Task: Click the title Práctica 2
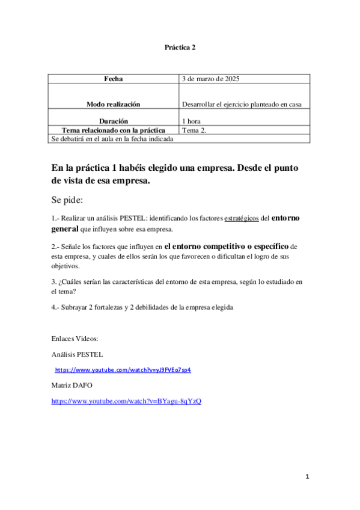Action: [x=180, y=46]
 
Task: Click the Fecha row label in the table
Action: [x=113, y=79]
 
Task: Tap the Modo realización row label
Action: [x=113, y=104]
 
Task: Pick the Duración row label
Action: [x=113, y=121]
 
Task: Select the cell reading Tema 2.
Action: [x=194, y=130]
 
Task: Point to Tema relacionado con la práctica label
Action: [x=113, y=130]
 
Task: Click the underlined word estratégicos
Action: [x=242, y=219]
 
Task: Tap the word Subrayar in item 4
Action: [x=74, y=307]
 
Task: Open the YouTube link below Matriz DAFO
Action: [x=126, y=401]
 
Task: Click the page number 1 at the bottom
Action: [x=307, y=477]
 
